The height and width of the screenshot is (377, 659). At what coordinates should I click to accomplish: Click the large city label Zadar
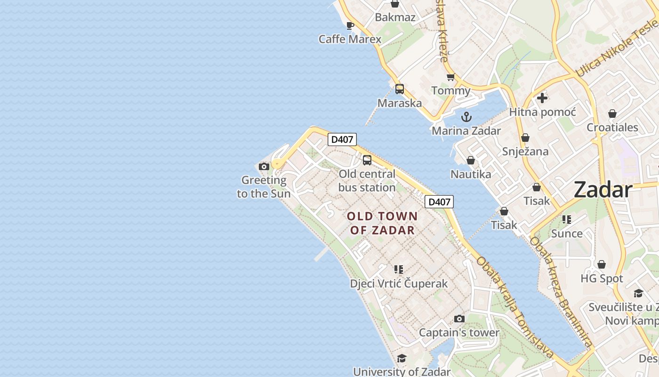pyautogui.click(x=603, y=190)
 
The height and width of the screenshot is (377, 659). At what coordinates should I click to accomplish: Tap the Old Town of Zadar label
pyautogui.click(x=382, y=223)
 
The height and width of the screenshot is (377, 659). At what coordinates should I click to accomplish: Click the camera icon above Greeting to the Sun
pyautogui.click(x=264, y=166)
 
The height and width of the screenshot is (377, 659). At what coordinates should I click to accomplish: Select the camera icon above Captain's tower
pyautogui.click(x=459, y=319)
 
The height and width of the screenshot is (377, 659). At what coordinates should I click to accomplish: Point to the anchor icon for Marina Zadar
pyautogui.click(x=466, y=117)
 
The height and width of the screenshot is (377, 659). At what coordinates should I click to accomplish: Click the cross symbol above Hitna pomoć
pyautogui.click(x=542, y=98)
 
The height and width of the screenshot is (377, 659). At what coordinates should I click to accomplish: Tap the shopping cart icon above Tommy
pyautogui.click(x=450, y=77)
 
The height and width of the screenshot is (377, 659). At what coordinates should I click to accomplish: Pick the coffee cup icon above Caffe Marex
pyautogui.click(x=350, y=25)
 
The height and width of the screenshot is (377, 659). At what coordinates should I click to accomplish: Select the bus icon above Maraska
pyautogui.click(x=400, y=89)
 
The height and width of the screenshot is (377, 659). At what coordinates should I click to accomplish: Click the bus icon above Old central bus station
pyautogui.click(x=367, y=160)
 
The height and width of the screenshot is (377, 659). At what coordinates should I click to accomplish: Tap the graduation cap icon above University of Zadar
pyautogui.click(x=402, y=358)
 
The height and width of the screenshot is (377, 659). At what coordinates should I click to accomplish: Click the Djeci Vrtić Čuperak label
pyautogui.click(x=399, y=284)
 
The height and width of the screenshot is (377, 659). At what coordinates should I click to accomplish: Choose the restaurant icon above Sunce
pyautogui.click(x=567, y=220)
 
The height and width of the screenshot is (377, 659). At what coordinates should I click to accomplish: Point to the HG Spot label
pyautogui.click(x=602, y=279)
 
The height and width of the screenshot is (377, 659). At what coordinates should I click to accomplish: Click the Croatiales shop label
pyautogui.click(x=612, y=127)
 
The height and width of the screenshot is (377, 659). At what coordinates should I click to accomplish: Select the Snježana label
pyautogui.click(x=525, y=151)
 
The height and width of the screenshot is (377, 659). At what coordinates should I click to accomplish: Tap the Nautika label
pyautogui.click(x=471, y=174)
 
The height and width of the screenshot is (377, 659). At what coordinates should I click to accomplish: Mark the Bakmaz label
pyautogui.click(x=395, y=17)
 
